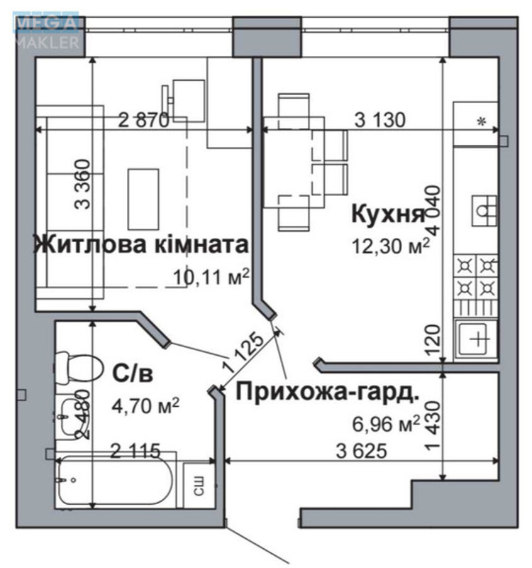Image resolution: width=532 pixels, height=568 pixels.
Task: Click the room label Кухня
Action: point(387,214)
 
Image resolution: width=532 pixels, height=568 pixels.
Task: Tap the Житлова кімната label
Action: point(141,246)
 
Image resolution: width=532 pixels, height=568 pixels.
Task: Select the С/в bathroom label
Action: point(133,372)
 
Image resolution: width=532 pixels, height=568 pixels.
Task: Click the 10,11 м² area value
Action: point(211,275)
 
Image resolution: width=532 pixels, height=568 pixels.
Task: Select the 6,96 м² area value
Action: point(386,425)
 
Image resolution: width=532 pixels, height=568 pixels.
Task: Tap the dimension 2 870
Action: point(144,120)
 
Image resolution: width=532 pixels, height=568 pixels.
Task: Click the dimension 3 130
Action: point(379,120)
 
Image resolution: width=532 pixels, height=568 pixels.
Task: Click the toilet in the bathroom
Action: point(77,368)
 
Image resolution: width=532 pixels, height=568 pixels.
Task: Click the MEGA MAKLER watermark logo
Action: point(47,31)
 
